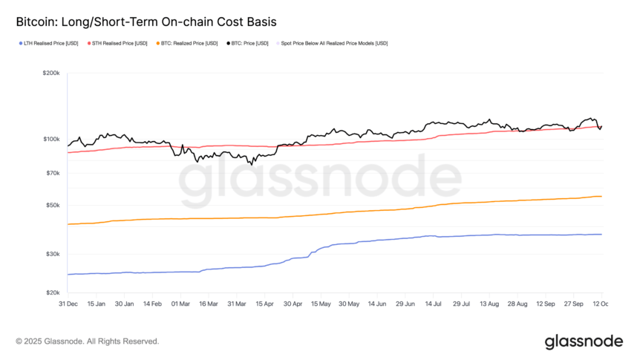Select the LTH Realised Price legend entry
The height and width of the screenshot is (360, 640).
pos(50,43)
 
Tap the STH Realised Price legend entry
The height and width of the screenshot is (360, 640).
pos(118,43)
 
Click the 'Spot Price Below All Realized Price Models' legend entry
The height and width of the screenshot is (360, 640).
pos(334,43)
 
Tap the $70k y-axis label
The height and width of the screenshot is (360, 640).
pos(51,173)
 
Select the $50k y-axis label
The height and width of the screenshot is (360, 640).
pos(51,205)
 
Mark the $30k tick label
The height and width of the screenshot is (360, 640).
pos(51,254)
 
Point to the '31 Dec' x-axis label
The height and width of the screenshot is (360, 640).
pos(68,304)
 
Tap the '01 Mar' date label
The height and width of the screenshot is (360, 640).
pos(180,304)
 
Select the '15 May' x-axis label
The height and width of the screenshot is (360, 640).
pos(321,304)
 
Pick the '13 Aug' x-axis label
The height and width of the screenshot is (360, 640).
pos(489,304)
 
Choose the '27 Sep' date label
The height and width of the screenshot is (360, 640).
pos(573,304)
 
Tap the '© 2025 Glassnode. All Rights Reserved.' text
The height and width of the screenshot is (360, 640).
pos(88,341)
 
